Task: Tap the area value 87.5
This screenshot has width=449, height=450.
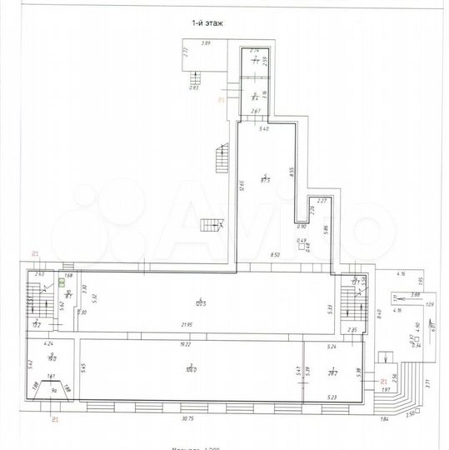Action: tap(267, 178)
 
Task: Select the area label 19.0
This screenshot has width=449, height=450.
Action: tap(51, 357)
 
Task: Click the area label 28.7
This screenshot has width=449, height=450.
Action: tap(332, 373)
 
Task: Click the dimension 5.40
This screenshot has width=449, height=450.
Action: tap(264, 129)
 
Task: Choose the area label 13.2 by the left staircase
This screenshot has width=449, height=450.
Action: tap(36, 325)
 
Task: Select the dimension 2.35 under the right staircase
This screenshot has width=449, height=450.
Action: tap(352, 330)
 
